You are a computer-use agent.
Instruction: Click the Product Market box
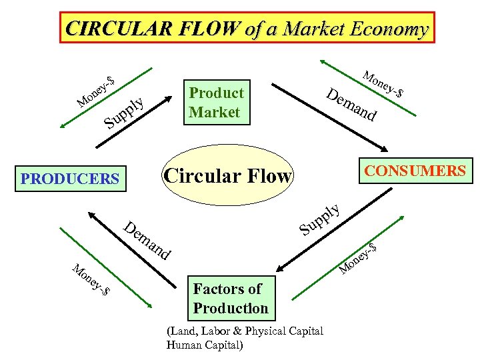[216, 102]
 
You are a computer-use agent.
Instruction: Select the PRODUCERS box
[70, 179]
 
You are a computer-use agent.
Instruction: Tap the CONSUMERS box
[415, 171]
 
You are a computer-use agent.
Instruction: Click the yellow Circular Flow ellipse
[227, 177]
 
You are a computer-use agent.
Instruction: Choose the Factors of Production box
[230, 298]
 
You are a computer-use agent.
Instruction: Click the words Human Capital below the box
[205, 345]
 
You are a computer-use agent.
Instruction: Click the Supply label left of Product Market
[126, 111]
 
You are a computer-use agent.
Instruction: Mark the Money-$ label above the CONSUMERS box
[385, 84]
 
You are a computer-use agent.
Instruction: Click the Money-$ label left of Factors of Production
[91, 280]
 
